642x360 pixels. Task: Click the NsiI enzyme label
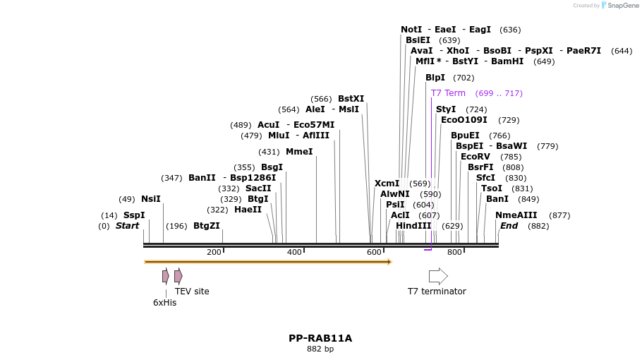pyautogui.click(x=150, y=199)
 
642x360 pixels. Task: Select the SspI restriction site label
pyautogui.click(x=133, y=215)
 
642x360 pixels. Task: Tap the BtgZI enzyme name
pyautogui.click(x=206, y=226)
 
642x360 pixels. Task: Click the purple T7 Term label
pyautogui.click(x=448, y=93)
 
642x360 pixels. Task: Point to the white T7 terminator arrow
pyautogui.click(x=438, y=276)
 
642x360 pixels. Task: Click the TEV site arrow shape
pyautogui.click(x=178, y=276)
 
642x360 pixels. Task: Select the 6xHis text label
pyautogui.click(x=164, y=303)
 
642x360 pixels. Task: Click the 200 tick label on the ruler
pyautogui.click(x=214, y=252)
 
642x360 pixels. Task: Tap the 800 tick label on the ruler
pyautogui.click(x=454, y=252)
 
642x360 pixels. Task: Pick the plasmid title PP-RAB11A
pyautogui.click(x=320, y=338)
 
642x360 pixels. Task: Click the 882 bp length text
pyautogui.click(x=320, y=349)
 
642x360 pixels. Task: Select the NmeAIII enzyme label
pyautogui.click(x=516, y=215)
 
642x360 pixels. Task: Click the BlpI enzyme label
pyautogui.click(x=435, y=78)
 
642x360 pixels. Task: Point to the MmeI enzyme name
pyautogui.click(x=298, y=152)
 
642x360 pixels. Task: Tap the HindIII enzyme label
pyautogui.click(x=413, y=226)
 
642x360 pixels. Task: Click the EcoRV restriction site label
pyautogui.click(x=475, y=157)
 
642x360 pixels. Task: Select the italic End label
pyautogui.click(x=509, y=226)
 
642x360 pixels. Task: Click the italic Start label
pyautogui.click(x=127, y=226)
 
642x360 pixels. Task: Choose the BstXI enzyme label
pyautogui.click(x=351, y=99)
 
